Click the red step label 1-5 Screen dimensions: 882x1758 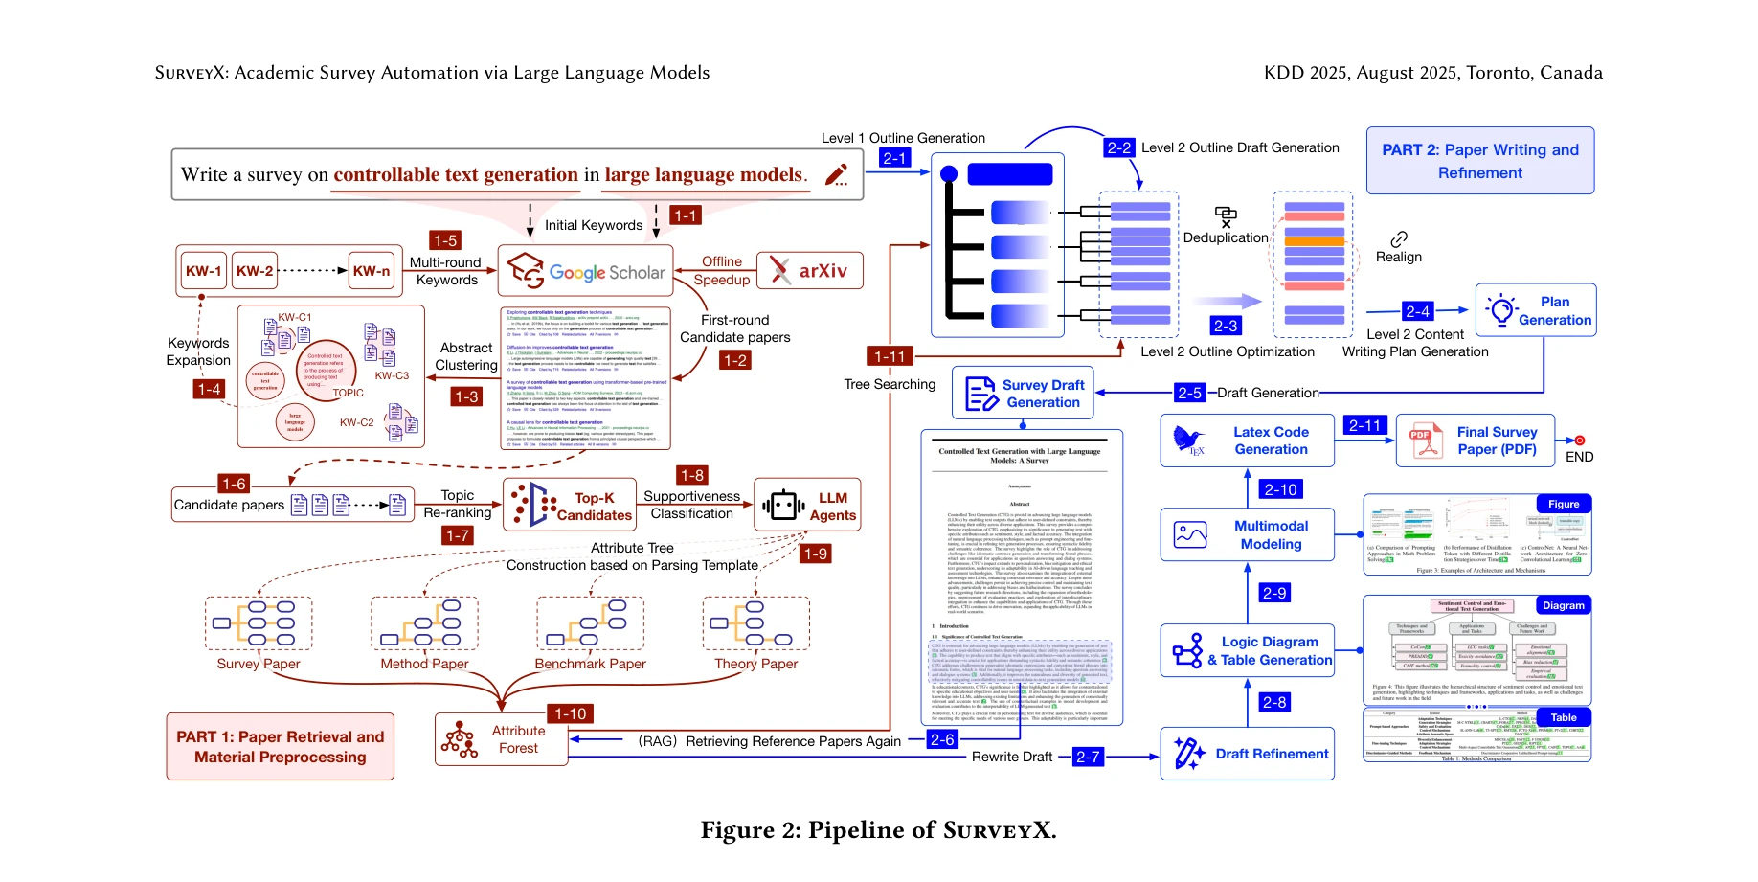445,240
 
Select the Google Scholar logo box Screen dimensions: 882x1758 585,271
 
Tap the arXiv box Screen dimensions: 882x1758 809,271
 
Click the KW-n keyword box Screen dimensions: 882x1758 372,271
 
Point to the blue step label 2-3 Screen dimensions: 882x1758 1226,326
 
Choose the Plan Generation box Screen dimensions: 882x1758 1536,310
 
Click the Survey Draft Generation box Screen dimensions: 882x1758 1023,393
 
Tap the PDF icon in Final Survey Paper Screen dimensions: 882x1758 1426,441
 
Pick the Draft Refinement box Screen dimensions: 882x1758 1247,754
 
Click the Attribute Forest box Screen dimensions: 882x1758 501,739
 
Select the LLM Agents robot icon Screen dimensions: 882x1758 782,505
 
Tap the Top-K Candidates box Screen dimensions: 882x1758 570,506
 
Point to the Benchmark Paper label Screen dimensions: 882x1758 590,664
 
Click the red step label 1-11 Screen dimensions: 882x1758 890,356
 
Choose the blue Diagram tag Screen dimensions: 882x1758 1563,605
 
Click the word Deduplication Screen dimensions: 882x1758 1225,237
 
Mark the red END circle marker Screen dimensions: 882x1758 1579,441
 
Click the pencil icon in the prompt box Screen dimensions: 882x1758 837,174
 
